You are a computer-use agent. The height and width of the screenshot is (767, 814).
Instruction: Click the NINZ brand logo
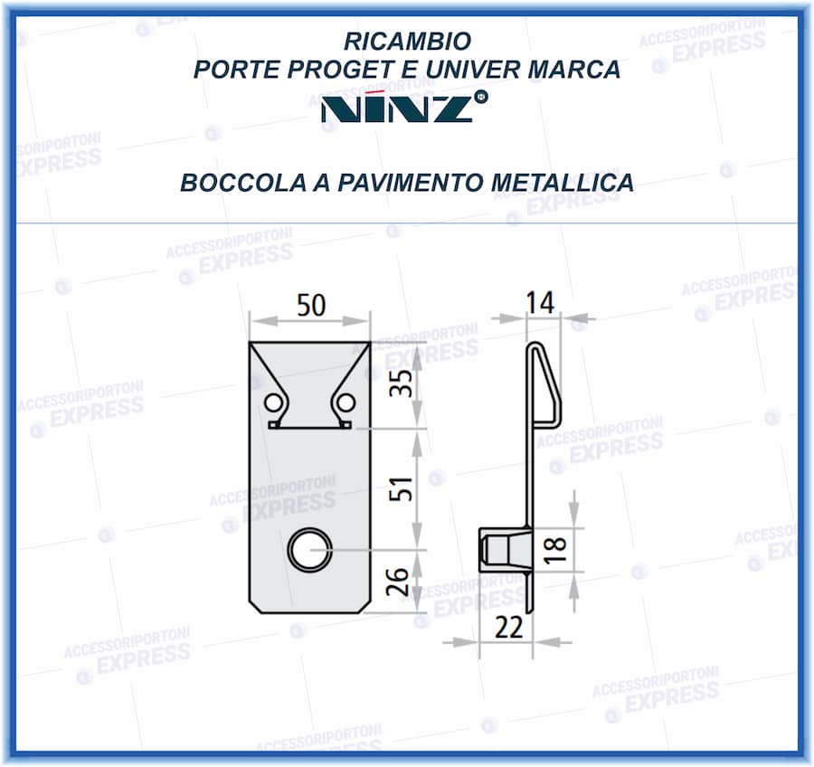402,107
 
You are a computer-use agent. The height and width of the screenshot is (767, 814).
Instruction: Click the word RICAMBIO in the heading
407,42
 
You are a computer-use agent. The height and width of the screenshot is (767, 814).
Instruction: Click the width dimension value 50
310,306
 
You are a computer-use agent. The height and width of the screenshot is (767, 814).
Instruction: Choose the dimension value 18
555,545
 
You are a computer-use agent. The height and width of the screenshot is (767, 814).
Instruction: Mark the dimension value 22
510,627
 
